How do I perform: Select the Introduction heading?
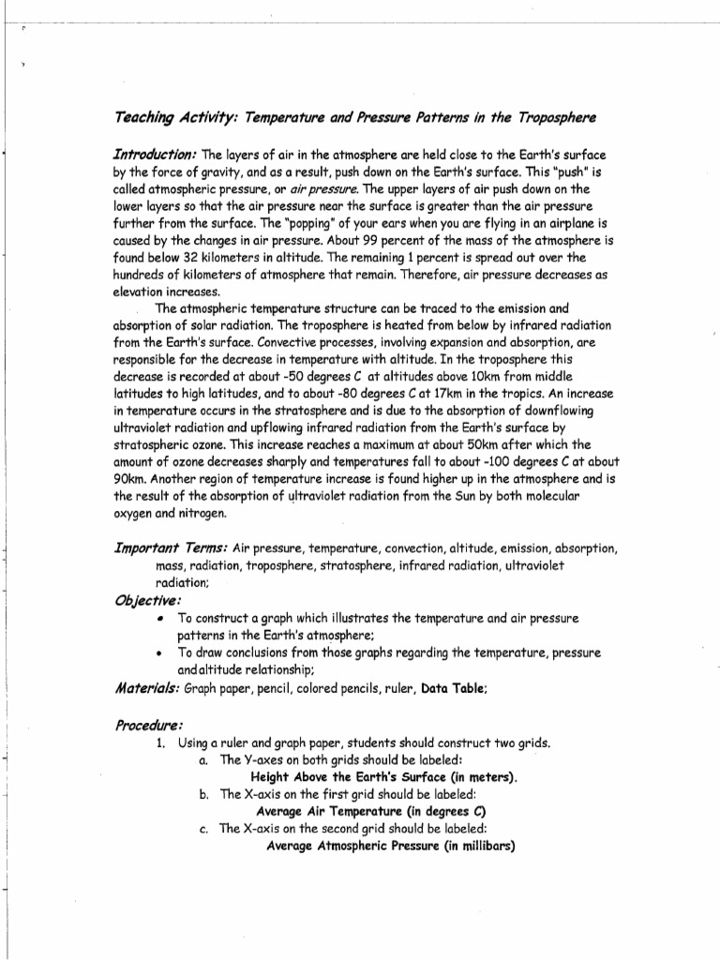click(155, 154)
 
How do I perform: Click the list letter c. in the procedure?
click(203, 829)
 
